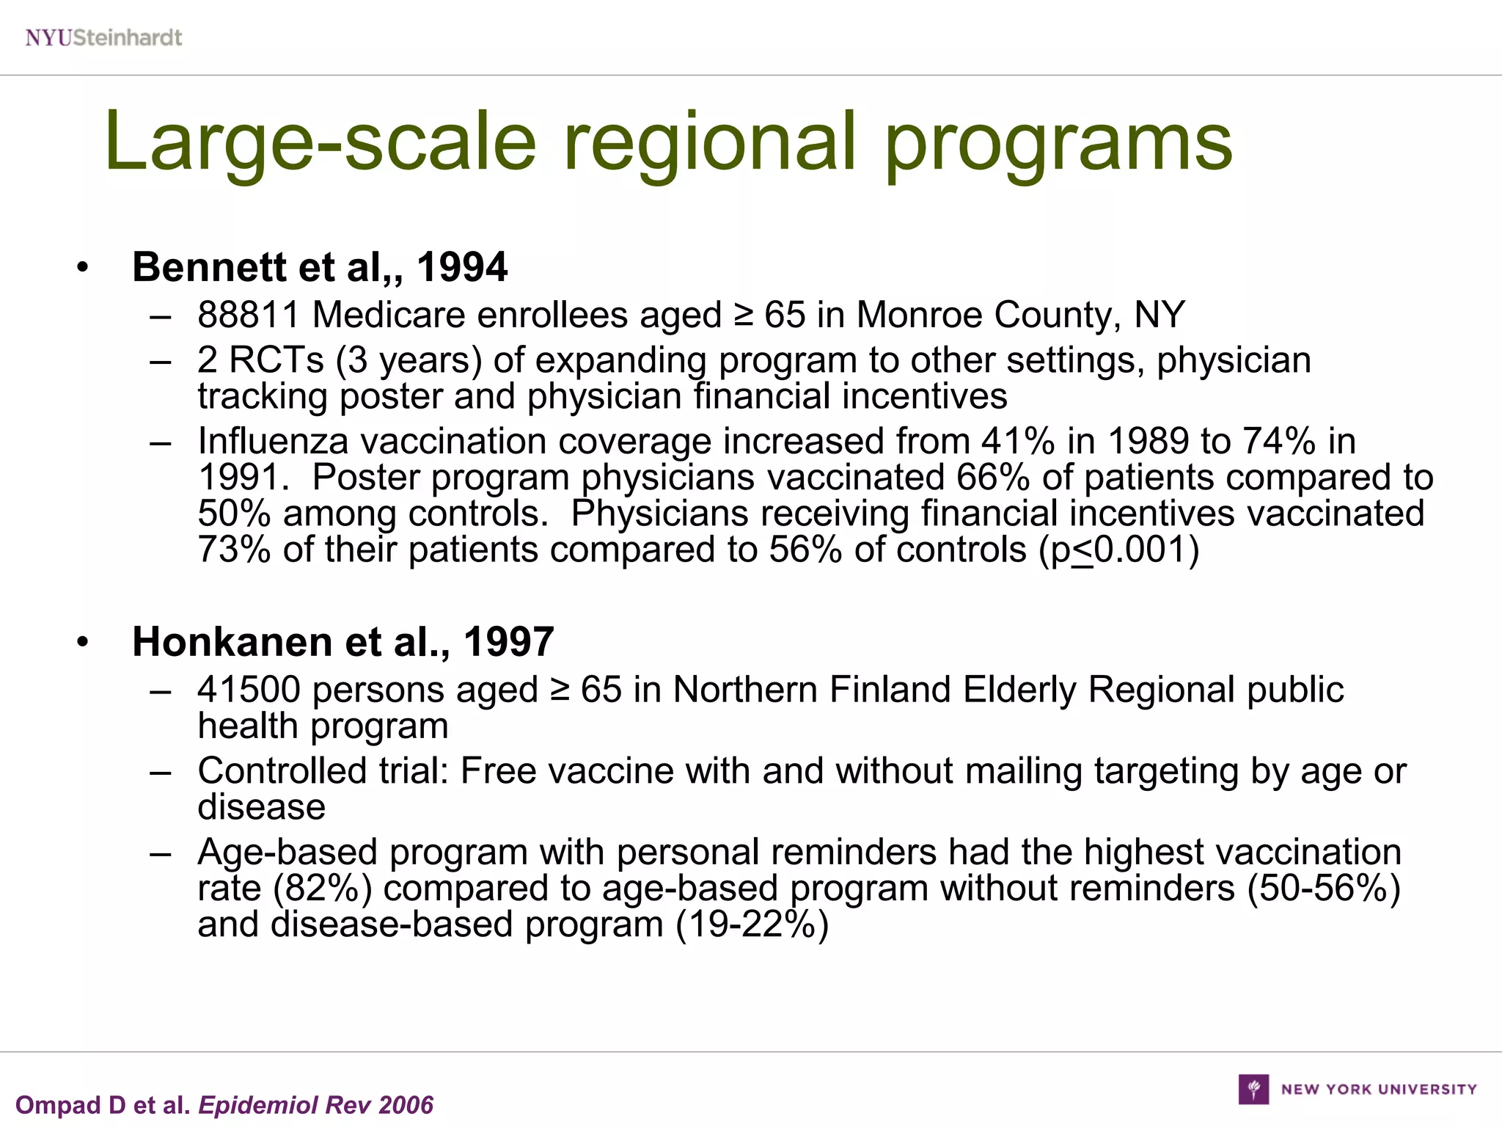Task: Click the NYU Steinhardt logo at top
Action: (x=103, y=37)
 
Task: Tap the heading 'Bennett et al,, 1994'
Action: (x=319, y=266)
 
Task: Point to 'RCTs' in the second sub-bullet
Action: (x=276, y=360)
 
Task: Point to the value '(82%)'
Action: (x=323, y=888)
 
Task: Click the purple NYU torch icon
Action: (x=1253, y=1089)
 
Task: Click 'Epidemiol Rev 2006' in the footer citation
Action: (x=316, y=1105)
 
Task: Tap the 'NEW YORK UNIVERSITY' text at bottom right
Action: (x=1379, y=1090)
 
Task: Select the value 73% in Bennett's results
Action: (x=234, y=550)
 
